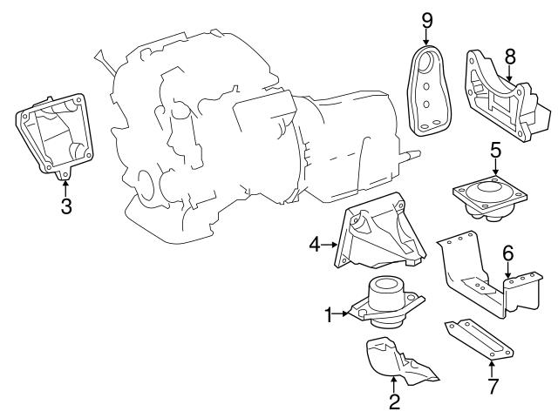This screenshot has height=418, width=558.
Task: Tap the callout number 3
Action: pos(65,206)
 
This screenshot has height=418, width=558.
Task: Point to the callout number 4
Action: pos(316,246)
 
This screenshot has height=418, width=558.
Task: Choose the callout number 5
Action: pos(494,151)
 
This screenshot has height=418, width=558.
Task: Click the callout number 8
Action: pos(510,56)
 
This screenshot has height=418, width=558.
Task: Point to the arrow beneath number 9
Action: pos(427,39)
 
